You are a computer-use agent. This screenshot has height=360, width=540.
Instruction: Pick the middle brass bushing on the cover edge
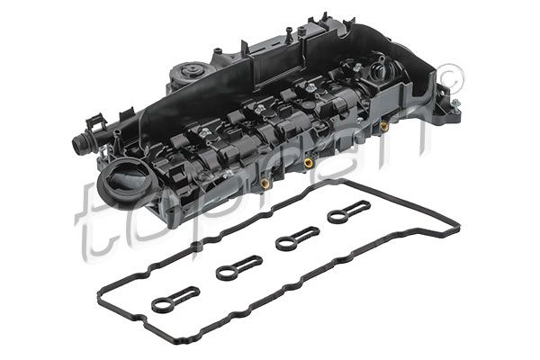[x=310, y=164]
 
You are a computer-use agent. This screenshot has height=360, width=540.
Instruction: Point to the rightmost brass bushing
[x=383, y=126]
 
